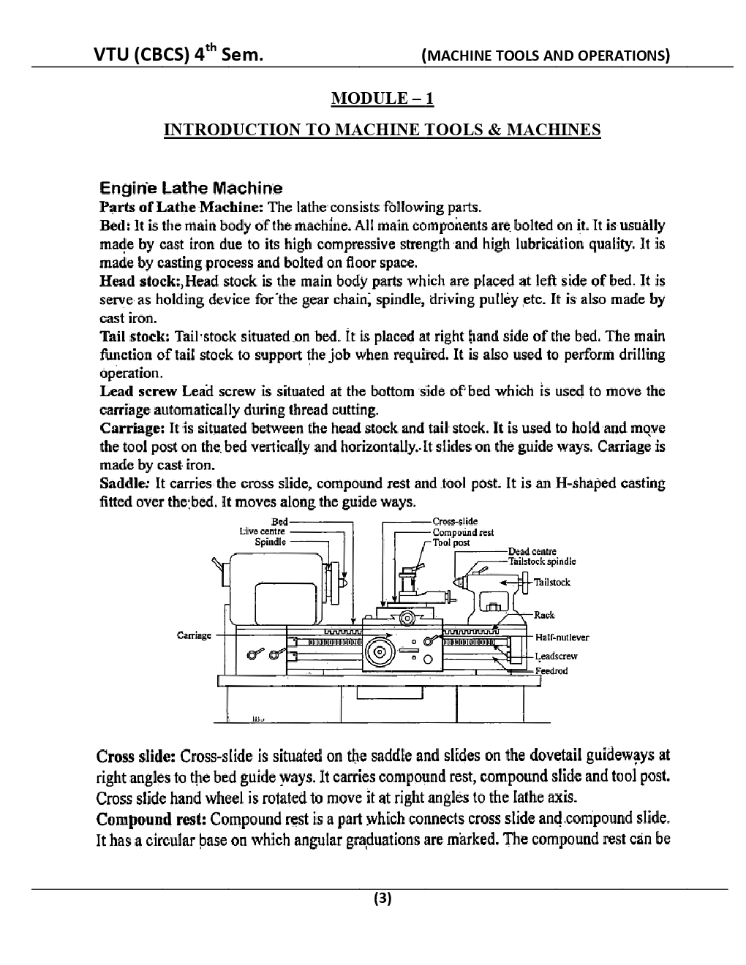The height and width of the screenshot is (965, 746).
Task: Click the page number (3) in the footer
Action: [382, 898]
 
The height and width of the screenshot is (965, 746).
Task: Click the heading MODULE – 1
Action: [382, 98]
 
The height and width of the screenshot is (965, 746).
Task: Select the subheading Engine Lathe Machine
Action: [191, 189]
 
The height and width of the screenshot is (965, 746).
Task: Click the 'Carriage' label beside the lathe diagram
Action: [194, 635]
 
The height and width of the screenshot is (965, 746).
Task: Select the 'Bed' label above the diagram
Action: [279, 521]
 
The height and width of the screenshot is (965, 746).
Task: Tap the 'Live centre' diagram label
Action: [262, 531]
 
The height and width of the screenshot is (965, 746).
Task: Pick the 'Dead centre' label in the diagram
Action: [532, 551]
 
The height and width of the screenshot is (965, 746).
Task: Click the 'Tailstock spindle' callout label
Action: [542, 561]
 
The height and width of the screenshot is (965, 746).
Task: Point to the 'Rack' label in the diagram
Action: [544, 615]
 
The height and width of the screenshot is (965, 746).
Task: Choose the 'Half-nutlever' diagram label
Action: [562, 637]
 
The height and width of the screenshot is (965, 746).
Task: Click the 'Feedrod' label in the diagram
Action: [551, 671]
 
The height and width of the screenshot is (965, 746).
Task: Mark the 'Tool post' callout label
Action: [451, 542]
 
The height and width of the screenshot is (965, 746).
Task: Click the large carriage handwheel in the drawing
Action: [380, 652]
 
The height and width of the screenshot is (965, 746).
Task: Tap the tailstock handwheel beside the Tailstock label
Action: [527, 583]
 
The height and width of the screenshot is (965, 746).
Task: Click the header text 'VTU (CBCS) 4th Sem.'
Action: [178, 54]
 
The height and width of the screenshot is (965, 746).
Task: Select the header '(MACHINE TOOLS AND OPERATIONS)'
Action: [545, 56]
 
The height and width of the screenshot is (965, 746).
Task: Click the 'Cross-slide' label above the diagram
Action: [455, 521]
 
